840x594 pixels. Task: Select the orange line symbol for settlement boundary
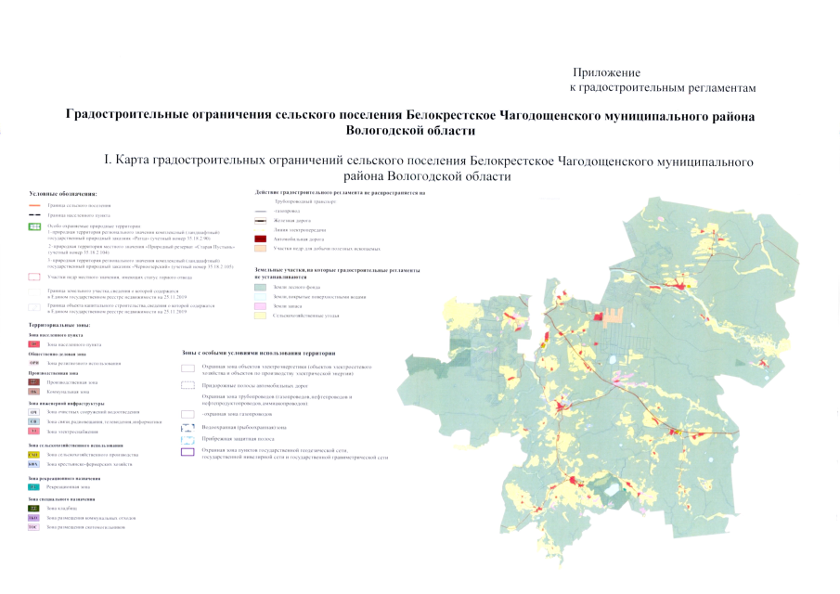[35, 205]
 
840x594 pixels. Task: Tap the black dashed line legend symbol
[35, 214]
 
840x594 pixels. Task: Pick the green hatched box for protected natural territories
[35, 226]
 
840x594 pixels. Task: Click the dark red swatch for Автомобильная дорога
[261, 239]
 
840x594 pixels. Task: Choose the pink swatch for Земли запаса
[261, 305]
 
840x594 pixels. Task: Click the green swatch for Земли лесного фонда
[261, 287]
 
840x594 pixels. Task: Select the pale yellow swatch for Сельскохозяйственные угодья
[261, 316]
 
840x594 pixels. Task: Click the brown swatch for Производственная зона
[34, 381]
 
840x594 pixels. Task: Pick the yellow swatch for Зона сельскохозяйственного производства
[34, 455]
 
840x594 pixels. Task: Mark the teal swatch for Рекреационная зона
[34, 486]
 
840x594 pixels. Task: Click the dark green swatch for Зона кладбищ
[34, 509]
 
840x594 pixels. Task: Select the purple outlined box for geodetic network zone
[187, 452]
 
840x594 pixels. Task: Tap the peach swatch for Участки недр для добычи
[261, 249]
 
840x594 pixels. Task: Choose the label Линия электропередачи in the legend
[298, 229]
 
